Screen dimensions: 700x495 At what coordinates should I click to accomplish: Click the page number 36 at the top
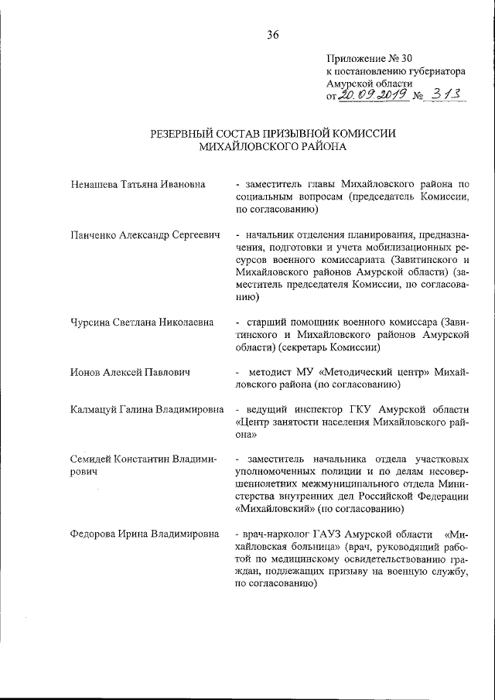272,34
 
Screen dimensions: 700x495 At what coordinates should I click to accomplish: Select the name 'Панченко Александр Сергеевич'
145,234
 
